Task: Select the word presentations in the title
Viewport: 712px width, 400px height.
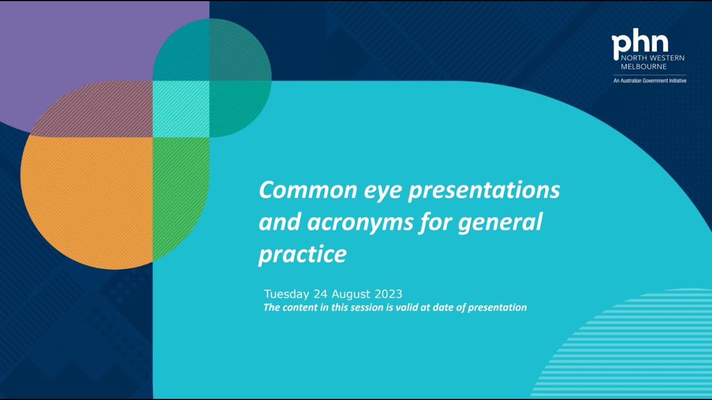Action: [484, 191]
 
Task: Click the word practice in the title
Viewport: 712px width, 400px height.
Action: [303, 255]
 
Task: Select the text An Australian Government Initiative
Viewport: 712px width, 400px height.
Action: [650, 81]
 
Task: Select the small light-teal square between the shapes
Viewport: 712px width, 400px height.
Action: [181, 109]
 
